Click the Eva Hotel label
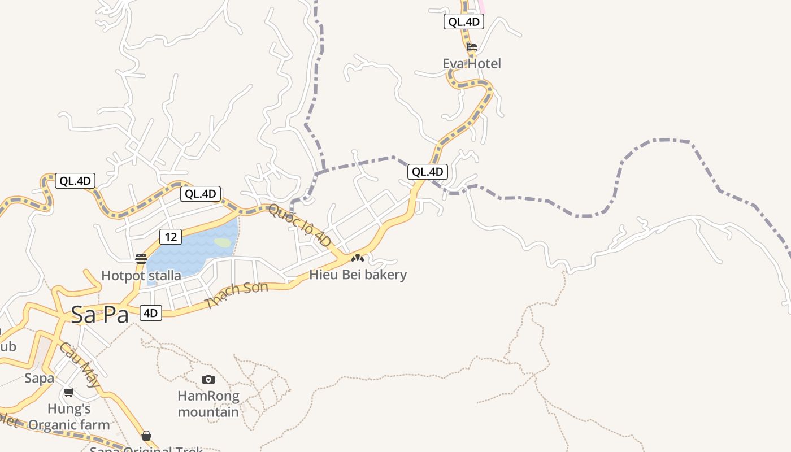click(x=471, y=63)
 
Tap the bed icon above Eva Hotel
click(x=472, y=46)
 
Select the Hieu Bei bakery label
click(x=358, y=275)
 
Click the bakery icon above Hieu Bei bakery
click(x=357, y=258)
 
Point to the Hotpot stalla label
click(x=141, y=276)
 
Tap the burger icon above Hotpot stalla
click(x=141, y=259)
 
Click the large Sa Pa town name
click(x=100, y=315)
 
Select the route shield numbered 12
click(x=170, y=237)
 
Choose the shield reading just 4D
click(x=150, y=313)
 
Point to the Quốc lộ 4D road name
click(x=299, y=224)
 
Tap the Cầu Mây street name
click(x=80, y=364)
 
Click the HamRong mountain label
click(x=208, y=403)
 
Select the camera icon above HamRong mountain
click(x=208, y=379)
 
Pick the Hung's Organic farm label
click(x=69, y=416)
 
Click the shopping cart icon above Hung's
click(x=69, y=392)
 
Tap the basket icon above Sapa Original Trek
click(x=146, y=435)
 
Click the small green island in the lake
click(x=223, y=242)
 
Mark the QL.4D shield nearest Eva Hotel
click(x=463, y=22)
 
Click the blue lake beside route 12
click(x=192, y=254)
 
